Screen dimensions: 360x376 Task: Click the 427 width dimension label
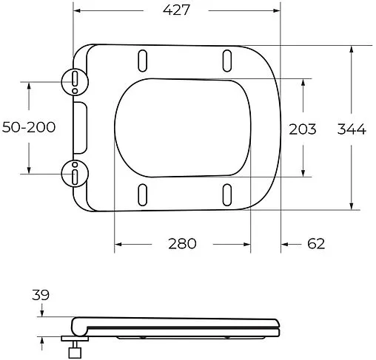[177, 11]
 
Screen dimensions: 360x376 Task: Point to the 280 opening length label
[181, 244]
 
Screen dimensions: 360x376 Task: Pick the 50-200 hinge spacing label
[29, 128]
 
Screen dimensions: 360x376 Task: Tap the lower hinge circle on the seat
[75, 174]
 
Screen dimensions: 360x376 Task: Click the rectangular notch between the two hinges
[80, 126]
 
